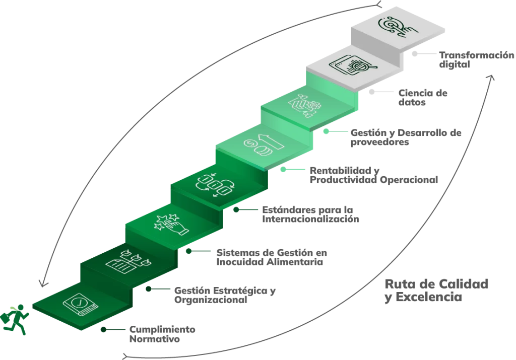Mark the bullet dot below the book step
(x=100, y=330)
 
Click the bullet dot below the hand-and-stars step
(x=188, y=249)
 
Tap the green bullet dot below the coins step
(x=283, y=170)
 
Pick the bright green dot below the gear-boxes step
(x=327, y=131)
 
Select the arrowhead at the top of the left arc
(x=379, y=5)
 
